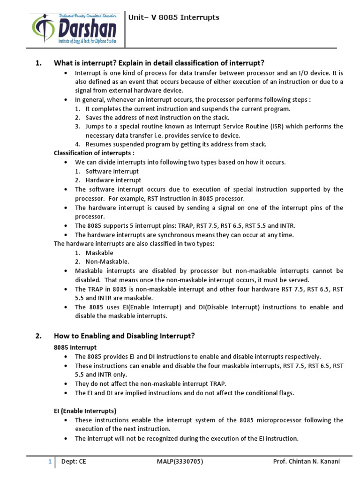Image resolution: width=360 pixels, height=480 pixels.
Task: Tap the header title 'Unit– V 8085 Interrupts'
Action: (174, 18)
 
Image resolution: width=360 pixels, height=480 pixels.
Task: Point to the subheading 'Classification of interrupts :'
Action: (94, 153)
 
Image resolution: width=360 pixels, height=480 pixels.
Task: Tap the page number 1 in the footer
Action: (49, 461)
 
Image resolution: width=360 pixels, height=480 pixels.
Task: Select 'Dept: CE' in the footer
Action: (74, 461)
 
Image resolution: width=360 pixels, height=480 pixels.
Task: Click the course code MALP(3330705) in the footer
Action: (180, 461)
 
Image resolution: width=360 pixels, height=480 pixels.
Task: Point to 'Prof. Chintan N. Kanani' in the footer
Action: (307, 461)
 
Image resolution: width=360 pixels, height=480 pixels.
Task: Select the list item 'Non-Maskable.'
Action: (107, 262)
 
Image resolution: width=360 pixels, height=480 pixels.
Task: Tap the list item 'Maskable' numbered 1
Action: (99, 253)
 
